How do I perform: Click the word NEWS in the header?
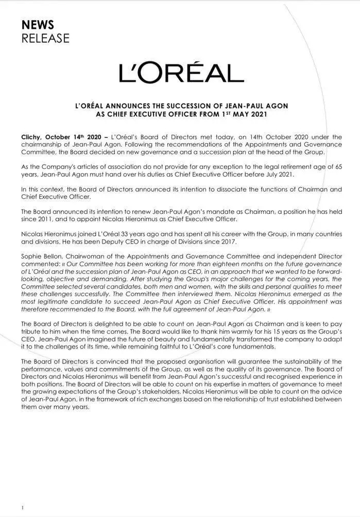(38, 25)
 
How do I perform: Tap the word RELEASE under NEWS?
(45, 38)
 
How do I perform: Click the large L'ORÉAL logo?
(181, 73)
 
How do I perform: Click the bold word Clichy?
(31, 137)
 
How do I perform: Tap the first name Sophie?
(32, 255)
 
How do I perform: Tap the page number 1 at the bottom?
(23, 508)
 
